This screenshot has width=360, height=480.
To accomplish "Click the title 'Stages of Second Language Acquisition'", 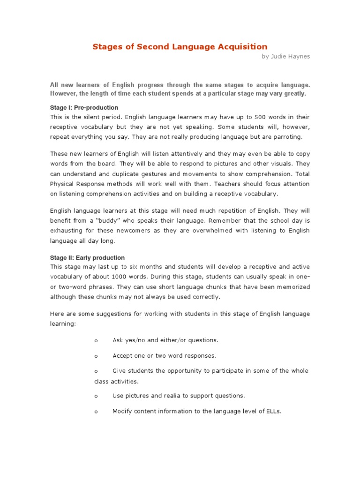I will [180, 46].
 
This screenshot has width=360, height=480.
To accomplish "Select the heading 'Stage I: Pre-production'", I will [84, 108].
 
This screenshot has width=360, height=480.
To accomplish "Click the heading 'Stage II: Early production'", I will [87, 258].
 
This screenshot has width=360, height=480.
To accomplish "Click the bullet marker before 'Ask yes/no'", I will [96, 340].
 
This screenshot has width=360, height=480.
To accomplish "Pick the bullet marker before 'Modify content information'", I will [96, 412].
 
